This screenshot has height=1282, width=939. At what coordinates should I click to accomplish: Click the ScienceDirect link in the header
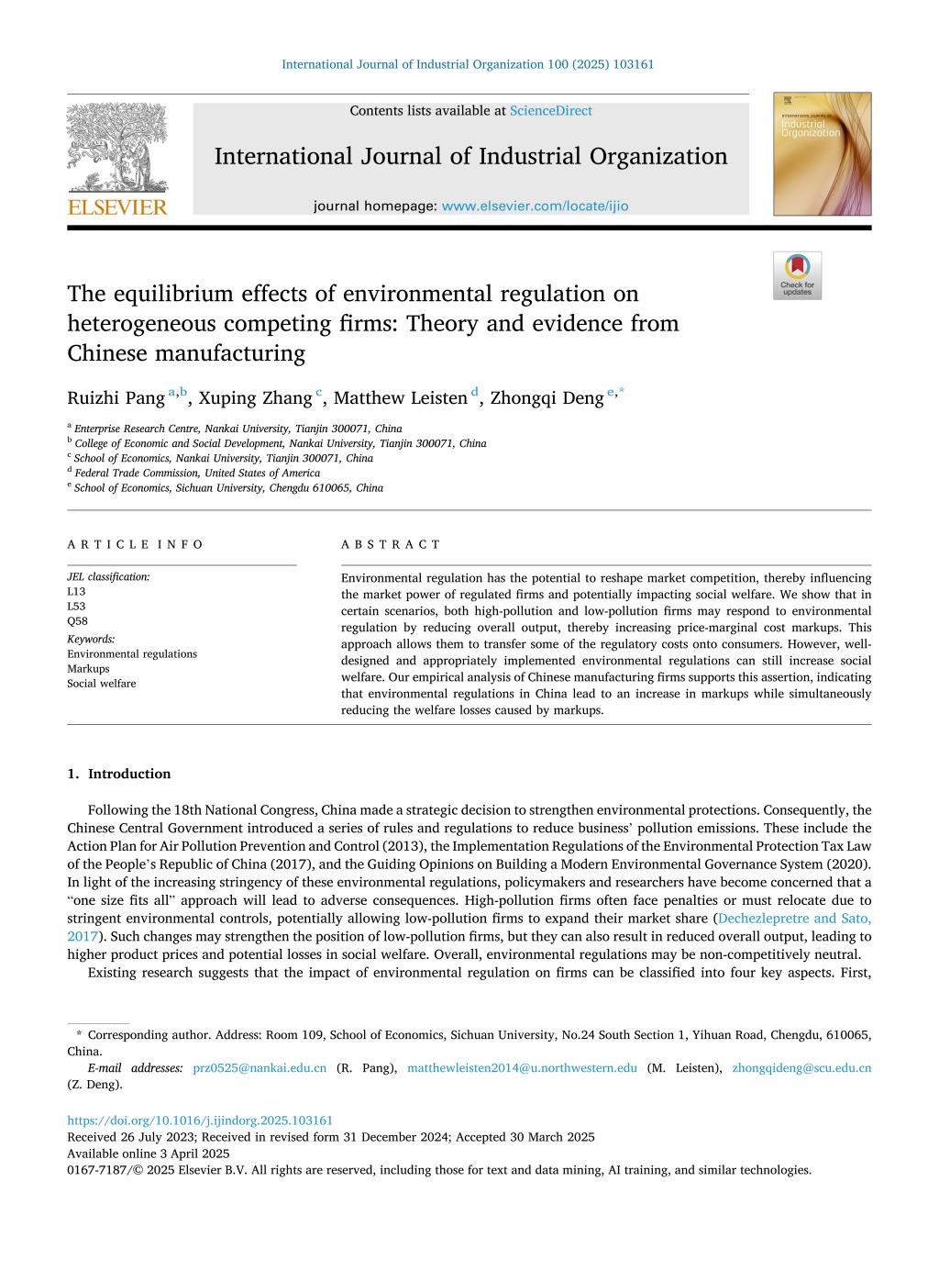coord(550,111)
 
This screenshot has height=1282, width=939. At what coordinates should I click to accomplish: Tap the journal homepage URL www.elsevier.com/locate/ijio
coord(535,206)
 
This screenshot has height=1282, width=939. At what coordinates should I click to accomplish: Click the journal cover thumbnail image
coord(822,154)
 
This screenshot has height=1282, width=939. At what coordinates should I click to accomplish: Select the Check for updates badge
coord(797,275)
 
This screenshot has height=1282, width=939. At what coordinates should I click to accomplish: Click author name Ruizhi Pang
coord(116,398)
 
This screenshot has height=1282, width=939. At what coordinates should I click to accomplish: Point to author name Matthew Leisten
coord(400,398)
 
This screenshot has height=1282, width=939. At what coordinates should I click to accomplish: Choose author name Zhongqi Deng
coord(547,398)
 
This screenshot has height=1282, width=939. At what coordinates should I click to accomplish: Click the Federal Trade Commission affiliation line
coord(197,474)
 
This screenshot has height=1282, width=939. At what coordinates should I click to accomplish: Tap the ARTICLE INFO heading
coord(136,544)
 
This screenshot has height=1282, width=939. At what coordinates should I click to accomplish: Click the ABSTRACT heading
coord(391,544)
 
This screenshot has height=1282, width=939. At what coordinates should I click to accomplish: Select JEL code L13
coord(76,592)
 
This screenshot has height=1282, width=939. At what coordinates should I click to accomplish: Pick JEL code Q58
coord(77,621)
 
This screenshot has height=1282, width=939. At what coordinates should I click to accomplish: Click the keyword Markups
coord(88,669)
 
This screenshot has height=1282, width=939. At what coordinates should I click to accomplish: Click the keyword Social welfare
coord(101,684)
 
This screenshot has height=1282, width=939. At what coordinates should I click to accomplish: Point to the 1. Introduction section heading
coord(119,775)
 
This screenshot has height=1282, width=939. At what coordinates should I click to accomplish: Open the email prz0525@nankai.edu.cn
coord(260,1068)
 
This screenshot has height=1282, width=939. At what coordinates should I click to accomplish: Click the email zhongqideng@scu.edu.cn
coord(801,1068)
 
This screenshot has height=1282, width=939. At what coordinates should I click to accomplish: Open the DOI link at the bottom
coord(200,1120)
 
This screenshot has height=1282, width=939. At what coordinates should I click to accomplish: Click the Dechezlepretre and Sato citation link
coord(794,919)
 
